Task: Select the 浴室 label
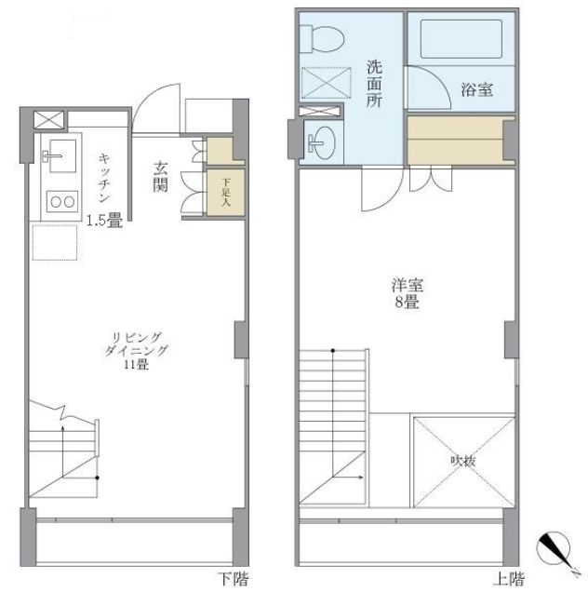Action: point(476,90)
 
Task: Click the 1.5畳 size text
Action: point(103,222)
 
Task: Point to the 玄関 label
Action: point(160,176)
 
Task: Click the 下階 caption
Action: point(234,578)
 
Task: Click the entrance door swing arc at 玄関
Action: point(154,102)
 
